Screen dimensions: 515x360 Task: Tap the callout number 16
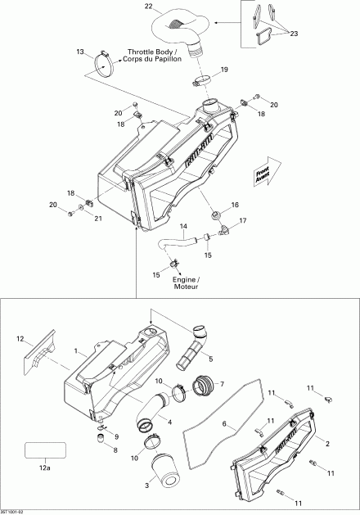pyautogui.click(x=235, y=205)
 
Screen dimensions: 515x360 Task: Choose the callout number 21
pyautogui.click(x=99, y=218)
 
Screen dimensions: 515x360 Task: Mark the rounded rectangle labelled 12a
pyautogui.click(x=45, y=451)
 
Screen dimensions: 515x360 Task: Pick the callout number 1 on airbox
pyautogui.click(x=78, y=352)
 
